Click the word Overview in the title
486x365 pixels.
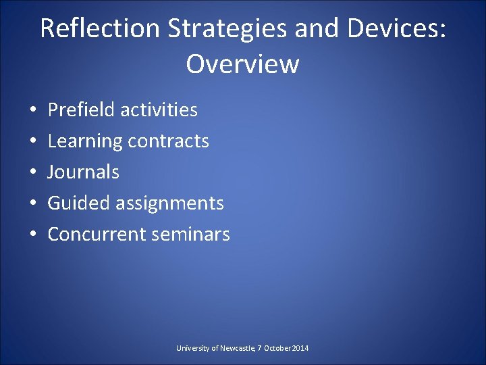coord(242,64)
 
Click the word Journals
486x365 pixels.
coord(84,172)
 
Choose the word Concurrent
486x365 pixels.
coord(95,235)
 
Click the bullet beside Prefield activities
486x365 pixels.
coord(32,110)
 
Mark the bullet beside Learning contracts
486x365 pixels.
coord(32,141)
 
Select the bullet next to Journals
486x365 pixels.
coord(32,172)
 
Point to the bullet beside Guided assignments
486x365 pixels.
coord(32,203)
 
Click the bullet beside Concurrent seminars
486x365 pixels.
coord(32,235)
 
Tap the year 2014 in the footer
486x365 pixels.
coord(300,348)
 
